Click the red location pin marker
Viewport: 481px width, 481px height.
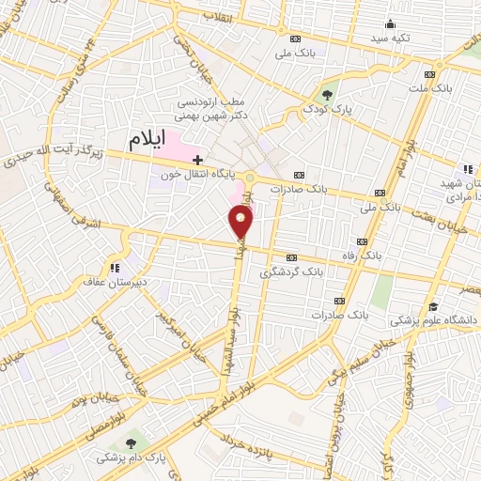click(x=241, y=222)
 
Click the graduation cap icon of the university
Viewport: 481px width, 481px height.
click(x=433, y=306)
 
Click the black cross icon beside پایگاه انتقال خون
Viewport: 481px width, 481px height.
click(x=196, y=161)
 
